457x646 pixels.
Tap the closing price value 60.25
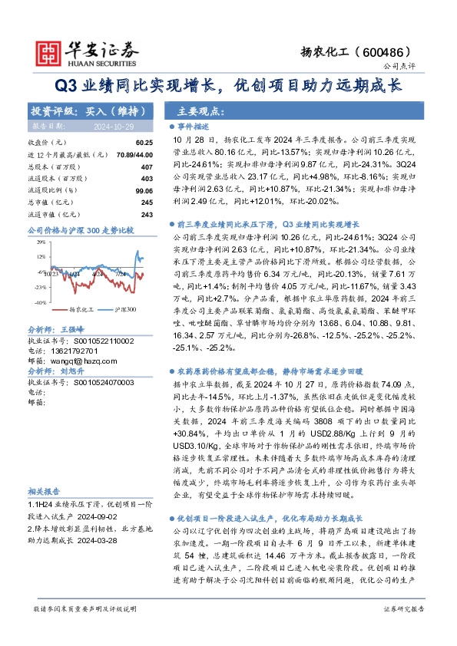coord(144,143)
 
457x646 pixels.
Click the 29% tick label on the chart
coord(40,241)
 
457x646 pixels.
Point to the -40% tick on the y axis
coord(40,299)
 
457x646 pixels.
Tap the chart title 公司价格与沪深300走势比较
coord(80,229)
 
